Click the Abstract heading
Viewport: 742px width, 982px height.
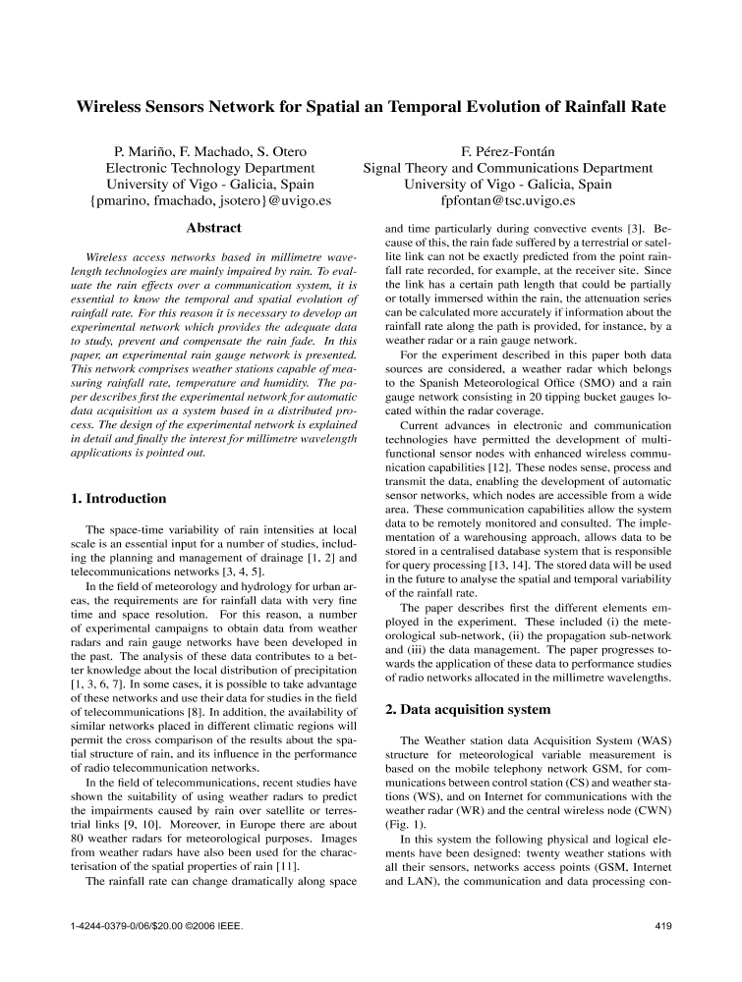[x=213, y=228]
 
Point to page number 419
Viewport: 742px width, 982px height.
[x=661, y=925]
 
